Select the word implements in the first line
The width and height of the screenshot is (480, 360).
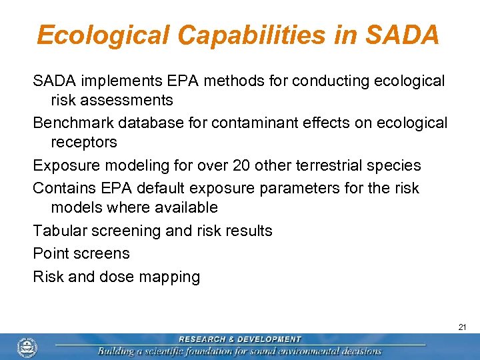113,81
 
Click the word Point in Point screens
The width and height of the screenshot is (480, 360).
49,253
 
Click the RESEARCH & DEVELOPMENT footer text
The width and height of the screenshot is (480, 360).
239,339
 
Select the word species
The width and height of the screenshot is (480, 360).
397,165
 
